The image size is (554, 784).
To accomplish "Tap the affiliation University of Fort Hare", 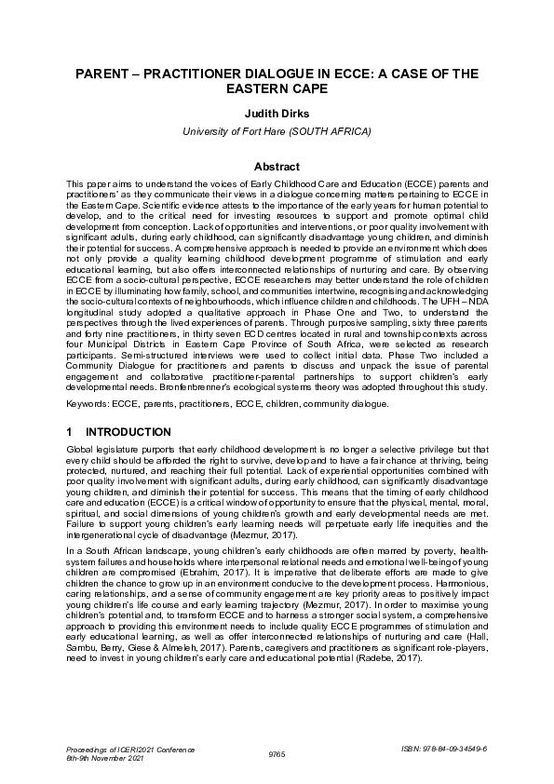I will [277, 133].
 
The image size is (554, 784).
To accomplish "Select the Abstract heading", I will [277, 167].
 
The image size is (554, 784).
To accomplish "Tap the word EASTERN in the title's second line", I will [268, 90].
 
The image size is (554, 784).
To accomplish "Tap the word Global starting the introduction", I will [82, 449].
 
